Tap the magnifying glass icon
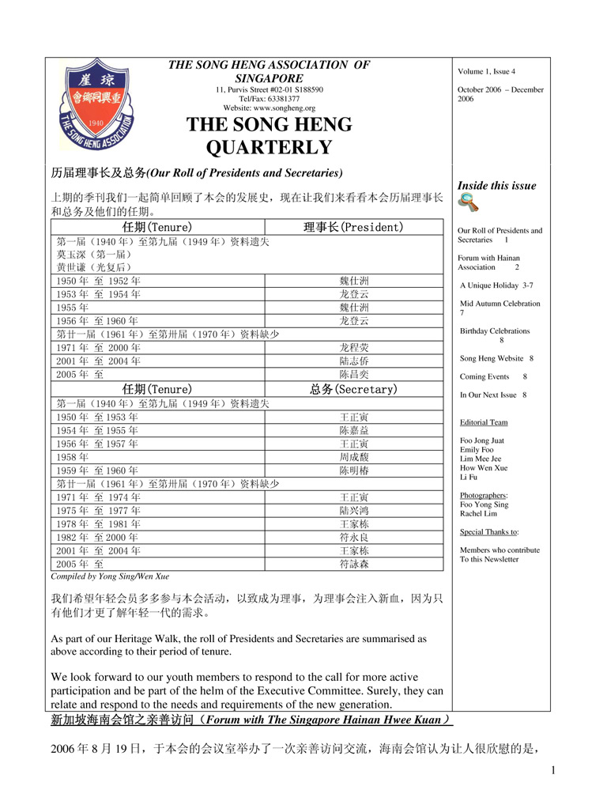tap(468, 202)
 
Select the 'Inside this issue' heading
tap(497, 186)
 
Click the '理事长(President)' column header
tap(353, 228)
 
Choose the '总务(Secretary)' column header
tap(353, 389)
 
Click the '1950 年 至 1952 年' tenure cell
tap(98, 281)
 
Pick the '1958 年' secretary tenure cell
tap(72, 456)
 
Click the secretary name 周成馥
tap(353, 456)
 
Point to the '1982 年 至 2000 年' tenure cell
tap(98, 537)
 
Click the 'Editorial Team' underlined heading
tap(483, 423)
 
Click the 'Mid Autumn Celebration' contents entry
tap(500, 304)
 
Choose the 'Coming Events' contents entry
tap(484, 377)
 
